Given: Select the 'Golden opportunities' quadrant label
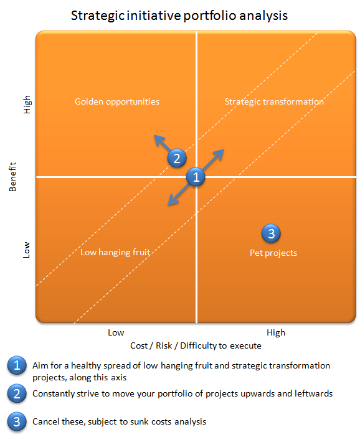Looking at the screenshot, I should coord(117,101).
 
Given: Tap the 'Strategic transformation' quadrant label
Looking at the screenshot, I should coord(274,101).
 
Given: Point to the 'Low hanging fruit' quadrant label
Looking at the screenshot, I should coord(115,252).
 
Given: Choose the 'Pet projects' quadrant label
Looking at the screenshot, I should coord(269,253).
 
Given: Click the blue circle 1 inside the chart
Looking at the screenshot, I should coord(196,177).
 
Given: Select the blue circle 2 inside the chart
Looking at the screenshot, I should coord(177,158).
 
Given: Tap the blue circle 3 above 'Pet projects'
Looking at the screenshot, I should coord(271,233).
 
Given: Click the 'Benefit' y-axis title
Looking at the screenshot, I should coord(13,176).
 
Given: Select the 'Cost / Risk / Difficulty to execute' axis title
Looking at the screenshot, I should coord(196,345).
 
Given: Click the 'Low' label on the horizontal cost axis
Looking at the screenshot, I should coord(116,332).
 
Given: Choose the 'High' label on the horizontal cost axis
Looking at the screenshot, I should coord(276,332).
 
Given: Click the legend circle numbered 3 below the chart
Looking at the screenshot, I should coord(16,421).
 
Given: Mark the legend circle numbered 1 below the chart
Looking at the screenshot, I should coord(16,366).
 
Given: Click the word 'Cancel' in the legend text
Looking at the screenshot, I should coord(45,421).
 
